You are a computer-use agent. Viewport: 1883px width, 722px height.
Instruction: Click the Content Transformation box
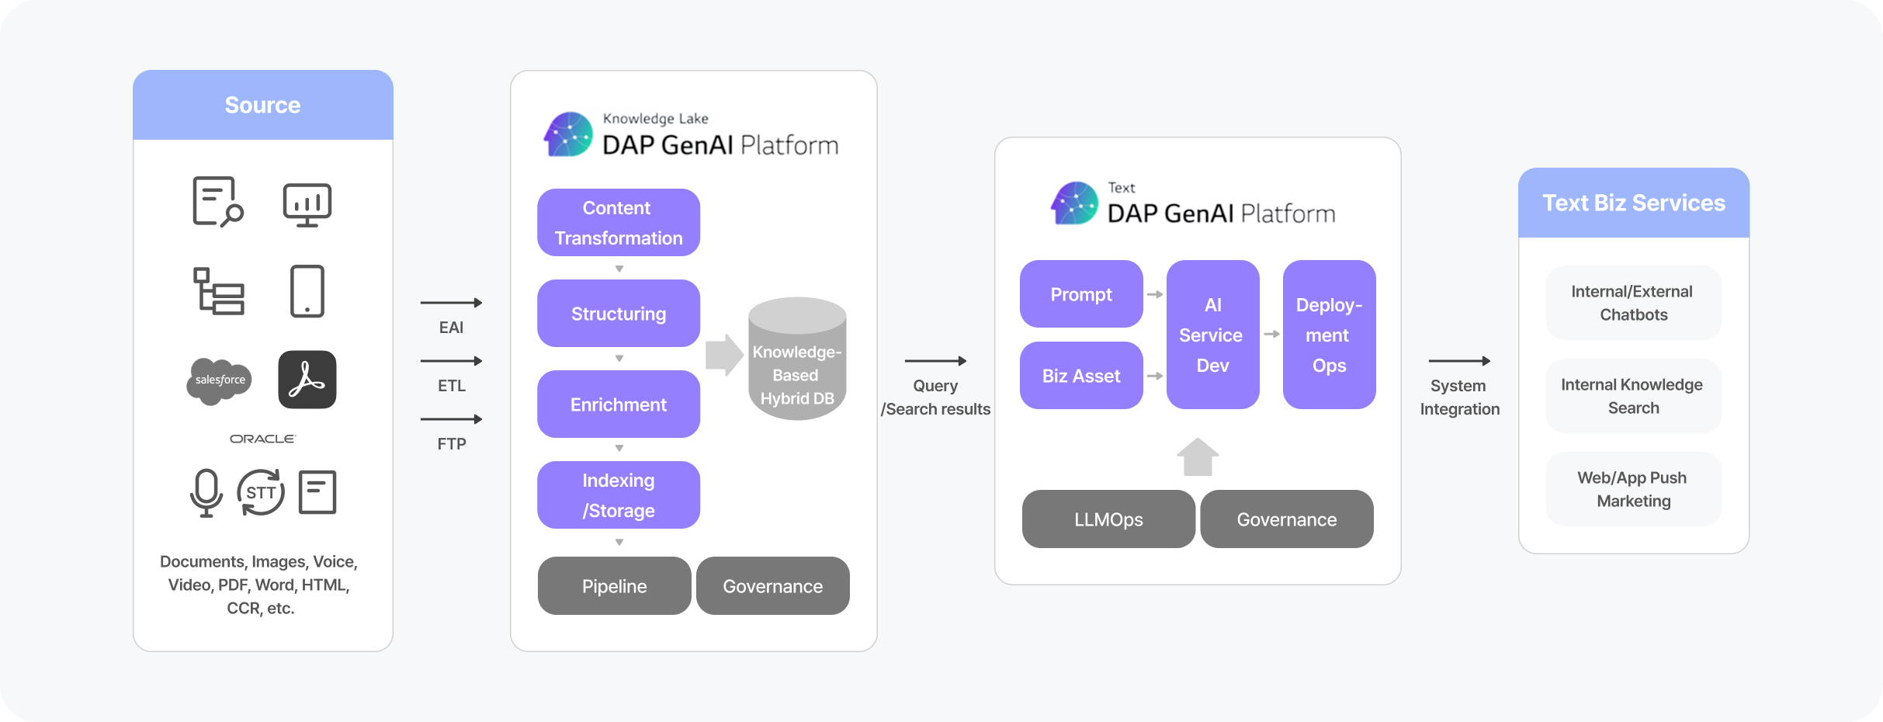coord(619,223)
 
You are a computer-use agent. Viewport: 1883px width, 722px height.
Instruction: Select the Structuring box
coord(619,314)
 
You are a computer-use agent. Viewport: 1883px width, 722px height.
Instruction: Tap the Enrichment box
coord(619,404)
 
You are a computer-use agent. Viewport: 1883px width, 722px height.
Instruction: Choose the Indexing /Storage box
coord(619,495)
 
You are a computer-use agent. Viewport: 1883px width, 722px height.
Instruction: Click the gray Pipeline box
coord(614,586)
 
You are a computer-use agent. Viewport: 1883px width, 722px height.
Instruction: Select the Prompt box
coord(1081,294)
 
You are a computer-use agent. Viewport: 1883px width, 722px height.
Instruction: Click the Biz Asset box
coord(1081,376)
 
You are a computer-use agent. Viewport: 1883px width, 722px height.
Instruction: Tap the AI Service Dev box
coord(1212,335)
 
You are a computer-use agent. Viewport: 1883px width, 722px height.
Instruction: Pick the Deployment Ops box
coord(1329,335)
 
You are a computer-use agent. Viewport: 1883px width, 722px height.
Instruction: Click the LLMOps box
coord(1108,519)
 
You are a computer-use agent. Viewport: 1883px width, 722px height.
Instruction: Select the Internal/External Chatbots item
coord(1633,303)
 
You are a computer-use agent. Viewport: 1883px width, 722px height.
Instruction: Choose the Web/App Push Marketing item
coord(1633,489)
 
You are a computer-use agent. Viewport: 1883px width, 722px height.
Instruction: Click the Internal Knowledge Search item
coord(1633,396)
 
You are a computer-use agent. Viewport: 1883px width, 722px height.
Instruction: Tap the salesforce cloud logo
coord(220,380)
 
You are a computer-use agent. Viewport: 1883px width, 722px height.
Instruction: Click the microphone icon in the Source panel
coord(206,492)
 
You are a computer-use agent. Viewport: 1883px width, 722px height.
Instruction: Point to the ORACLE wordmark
coord(262,439)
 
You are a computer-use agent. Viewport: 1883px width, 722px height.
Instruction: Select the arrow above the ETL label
coord(451,361)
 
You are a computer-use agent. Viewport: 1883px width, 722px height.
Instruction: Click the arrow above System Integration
coord(1459,361)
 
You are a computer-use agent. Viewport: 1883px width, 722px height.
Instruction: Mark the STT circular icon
coord(261,492)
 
